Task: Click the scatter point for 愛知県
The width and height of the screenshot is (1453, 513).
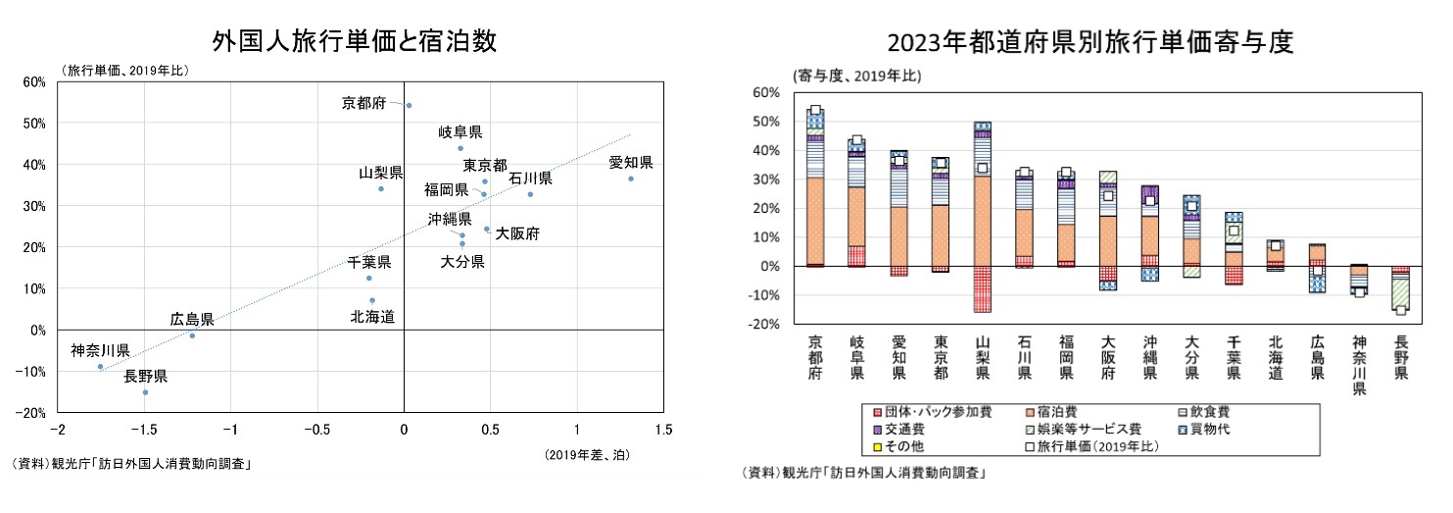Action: [x=631, y=179]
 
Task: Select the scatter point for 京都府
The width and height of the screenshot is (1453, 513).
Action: [x=409, y=105]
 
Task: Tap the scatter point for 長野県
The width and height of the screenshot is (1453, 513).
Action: [x=145, y=392]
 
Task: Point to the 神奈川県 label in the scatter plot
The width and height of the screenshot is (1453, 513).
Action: [x=100, y=350]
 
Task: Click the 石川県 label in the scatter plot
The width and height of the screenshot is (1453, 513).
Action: [x=530, y=179]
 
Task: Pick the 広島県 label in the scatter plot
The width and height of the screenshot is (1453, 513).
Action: [x=192, y=319]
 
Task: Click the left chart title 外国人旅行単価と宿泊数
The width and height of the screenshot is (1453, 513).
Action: [x=355, y=41]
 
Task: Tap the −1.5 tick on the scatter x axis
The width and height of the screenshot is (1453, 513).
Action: [x=145, y=429]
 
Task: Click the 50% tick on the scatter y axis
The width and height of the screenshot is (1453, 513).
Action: [x=33, y=124]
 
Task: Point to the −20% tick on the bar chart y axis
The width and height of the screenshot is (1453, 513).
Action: [x=765, y=325]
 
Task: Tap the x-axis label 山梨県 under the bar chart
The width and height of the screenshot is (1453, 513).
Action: [x=983, y=357]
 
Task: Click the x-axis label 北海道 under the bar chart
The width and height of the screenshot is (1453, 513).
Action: [x=1276, y=357]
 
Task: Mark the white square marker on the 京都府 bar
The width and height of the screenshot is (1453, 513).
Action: [x=815, y=111]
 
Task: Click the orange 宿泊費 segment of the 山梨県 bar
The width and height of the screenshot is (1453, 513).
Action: [x=983, y=221]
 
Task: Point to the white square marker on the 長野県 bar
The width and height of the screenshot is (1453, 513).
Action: [x=1401, y=310]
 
